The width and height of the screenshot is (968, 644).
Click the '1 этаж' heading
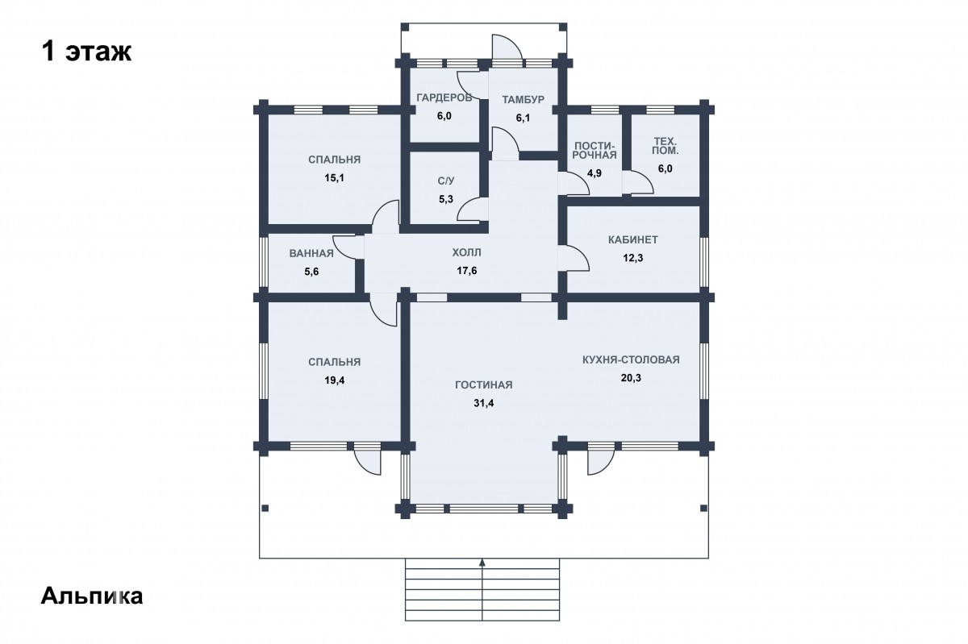(x=86, y=52)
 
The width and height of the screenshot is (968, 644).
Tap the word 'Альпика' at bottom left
(x=92, y=596)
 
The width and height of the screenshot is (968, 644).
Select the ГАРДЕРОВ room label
(x=444, y=98)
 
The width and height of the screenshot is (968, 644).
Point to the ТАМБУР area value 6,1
(x=523, y=118)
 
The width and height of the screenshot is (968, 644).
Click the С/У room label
(x=445, y=181)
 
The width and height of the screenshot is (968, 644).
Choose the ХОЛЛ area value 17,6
(x=467, y=271)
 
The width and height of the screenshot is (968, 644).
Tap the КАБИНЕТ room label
(x=632, y=239)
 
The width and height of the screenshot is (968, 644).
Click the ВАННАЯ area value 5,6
(x=311, y=272)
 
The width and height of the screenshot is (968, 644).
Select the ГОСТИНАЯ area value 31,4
(x=483, y=404)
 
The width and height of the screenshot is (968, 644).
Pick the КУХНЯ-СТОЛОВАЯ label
(x=631, y=359)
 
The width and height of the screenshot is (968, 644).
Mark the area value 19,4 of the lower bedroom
(x=335, y=380)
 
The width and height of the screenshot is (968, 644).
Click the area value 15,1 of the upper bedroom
(x=335, y=178)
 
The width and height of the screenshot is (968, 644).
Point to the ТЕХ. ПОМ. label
(x=665, y=146)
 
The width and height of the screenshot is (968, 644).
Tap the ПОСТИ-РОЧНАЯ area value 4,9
(x=595, y=173)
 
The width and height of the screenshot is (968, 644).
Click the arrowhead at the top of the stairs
(x=482, y=562)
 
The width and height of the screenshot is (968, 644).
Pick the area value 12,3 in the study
(x=632, y=258)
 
